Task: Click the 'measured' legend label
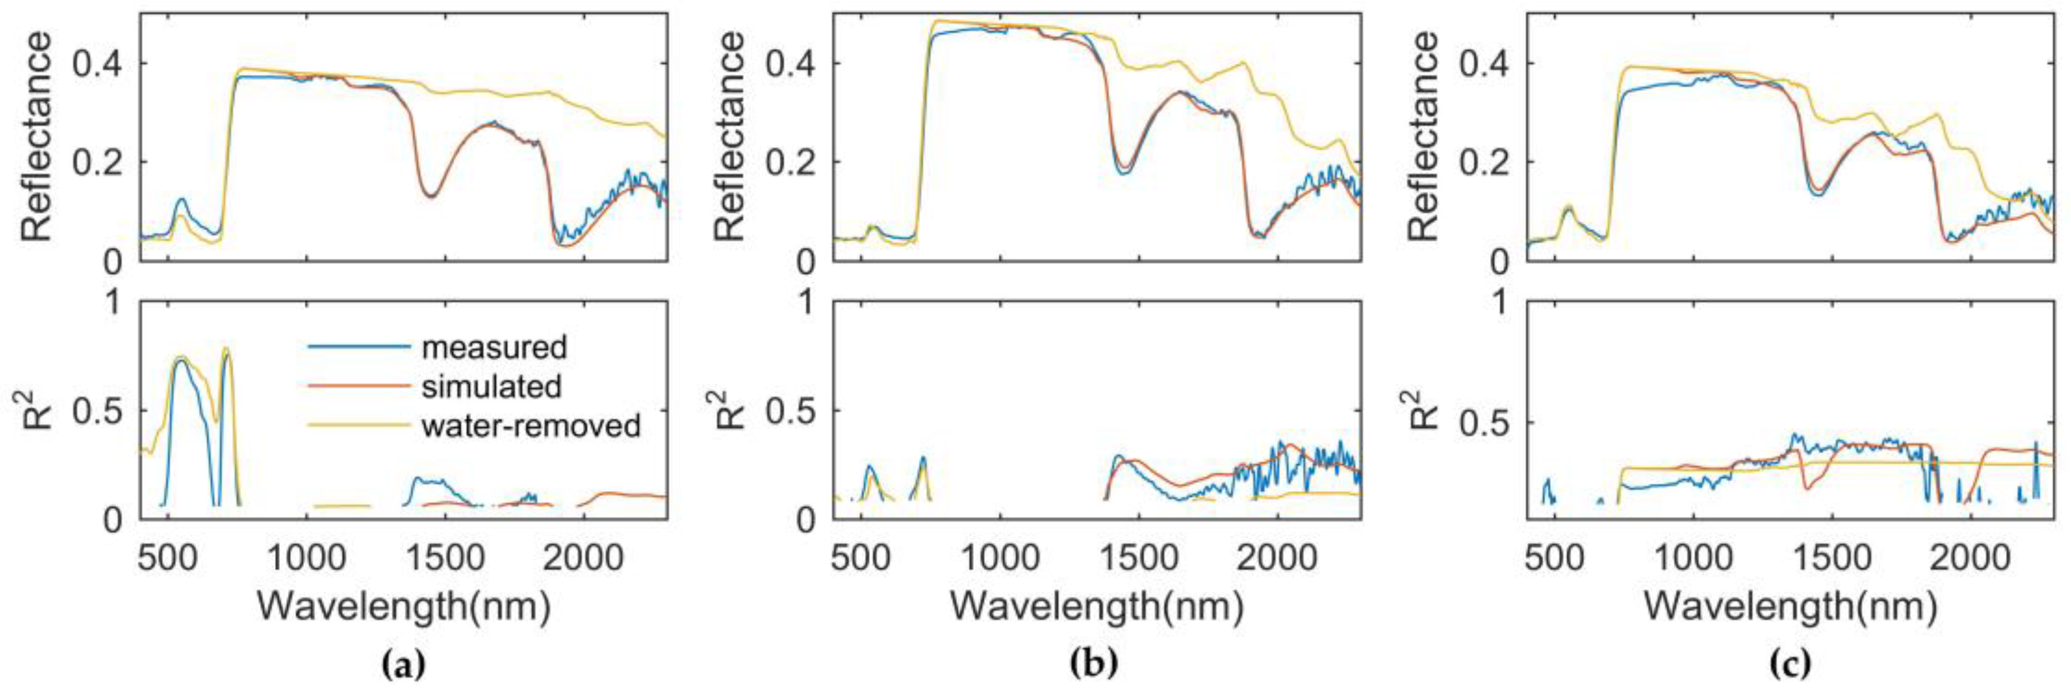click(x=494, y=347)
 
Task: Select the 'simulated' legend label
click(x=491, y=387)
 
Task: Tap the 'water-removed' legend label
click(x=531, y=426)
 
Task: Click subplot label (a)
click(x=403, y=664)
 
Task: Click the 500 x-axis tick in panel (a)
click(x=167, y=556)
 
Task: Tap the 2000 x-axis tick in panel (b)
click(x=1276, y=556)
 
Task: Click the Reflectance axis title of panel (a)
click(x=37, y=136)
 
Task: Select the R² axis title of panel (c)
click(x=1422, y=410)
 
